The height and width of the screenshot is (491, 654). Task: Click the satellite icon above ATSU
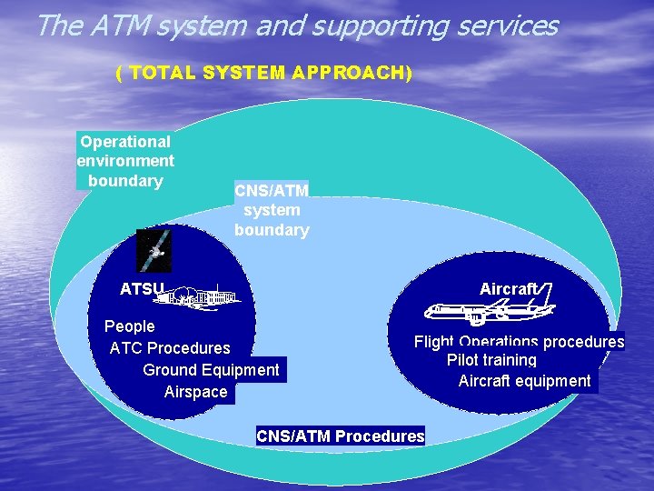(x=152, y=249)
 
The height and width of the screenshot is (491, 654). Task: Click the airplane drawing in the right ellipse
(x=489, y=312)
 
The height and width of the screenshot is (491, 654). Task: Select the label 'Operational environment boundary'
(x=125, y=161)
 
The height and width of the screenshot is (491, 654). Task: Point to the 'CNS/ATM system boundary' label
(x=272, y=210)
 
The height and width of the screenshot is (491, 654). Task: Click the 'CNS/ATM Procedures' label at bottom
(x=341, y=436)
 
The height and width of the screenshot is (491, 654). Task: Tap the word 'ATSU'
(x=142, y=290)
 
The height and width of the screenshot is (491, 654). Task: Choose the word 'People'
(x=130, y=326)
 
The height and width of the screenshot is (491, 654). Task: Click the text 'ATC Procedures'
(x=170, y=347)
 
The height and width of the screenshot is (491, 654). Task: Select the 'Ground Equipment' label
(x=211, y=369)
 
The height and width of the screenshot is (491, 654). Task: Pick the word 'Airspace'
(x=195, y=392)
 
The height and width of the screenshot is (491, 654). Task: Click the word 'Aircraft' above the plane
(x=508, y=289)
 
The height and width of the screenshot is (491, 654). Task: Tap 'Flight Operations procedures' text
(x=519, y=342)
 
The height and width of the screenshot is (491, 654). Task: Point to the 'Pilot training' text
(x=491, y=360)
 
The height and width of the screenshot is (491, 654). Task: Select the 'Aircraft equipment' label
(x=524, y=381)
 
